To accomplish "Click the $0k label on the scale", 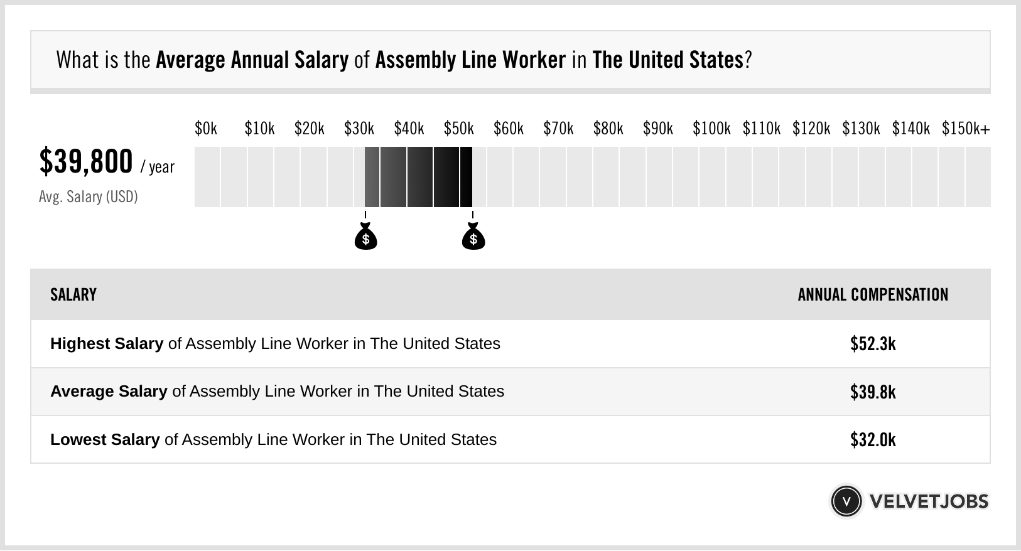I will click(x=206, y=129).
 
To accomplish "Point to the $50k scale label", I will click(x=458, y=129).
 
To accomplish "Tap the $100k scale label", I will click(x=711, y=129).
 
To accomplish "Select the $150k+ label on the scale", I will click(x=965, y=129).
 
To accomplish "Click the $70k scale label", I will click(x=558, y=129).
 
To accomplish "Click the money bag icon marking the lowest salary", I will click(x=365, y=238).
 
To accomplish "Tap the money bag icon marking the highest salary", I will click(x=473, y=238).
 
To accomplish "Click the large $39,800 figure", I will click(x=86, y=162).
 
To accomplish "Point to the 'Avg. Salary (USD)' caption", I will click(x=88, y=197).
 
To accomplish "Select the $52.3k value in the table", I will click(x=873, y=344).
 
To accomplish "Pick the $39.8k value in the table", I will click(x=873, y=392).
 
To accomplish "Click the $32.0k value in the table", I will click(x=873, y=440).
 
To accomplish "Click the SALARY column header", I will click(x=73, y=295).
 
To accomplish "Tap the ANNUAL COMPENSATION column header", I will click(x=873, y=295).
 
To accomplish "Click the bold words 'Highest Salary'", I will click(x=107, y=344).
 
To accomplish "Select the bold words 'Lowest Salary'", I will click(x=105, y=440).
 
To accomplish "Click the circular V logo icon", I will click(x=846, y=501).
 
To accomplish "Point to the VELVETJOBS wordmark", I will click(x=929, y=501).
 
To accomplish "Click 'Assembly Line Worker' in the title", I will click(x=470, y=60).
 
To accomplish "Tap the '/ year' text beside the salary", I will click(x=158, y=168).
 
